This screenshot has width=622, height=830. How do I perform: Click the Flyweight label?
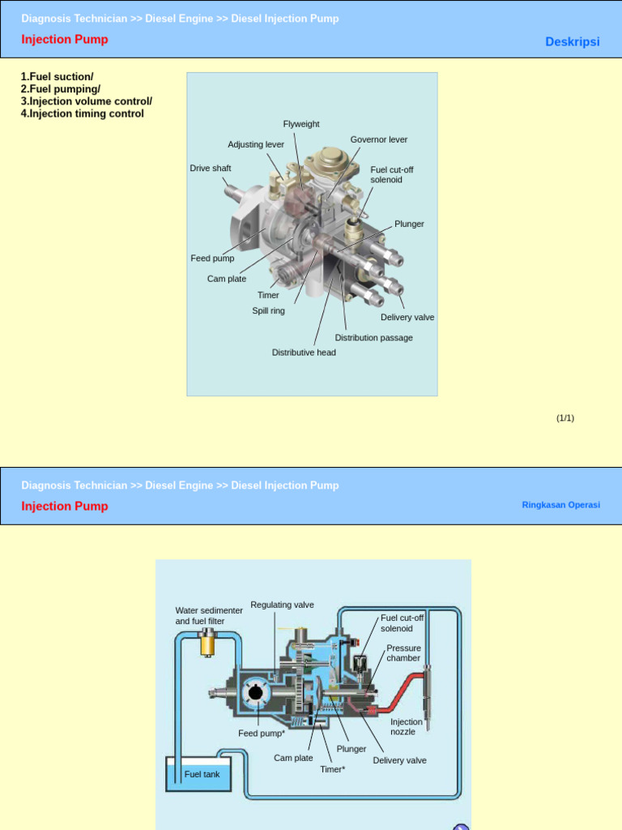[x=301, y=124]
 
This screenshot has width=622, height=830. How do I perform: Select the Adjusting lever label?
[x=256, y=144]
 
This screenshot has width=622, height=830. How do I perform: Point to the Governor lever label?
[x=379, y=139]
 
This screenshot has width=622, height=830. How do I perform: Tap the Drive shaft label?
[x=211, y=168]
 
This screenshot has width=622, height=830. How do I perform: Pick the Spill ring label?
[x=268, y=310]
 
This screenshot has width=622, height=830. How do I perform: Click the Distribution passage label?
[x=373, y=337]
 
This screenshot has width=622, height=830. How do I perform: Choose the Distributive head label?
[x=304, y=353]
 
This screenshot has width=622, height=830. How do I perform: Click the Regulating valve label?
[x=282, y=605]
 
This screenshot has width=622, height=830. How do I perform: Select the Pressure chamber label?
[x=403, y=653]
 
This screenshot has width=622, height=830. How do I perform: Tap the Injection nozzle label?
[x=406, y=726]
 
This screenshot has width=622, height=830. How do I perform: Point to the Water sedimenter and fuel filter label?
[x=208, y=615]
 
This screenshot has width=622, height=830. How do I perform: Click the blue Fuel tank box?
[x=202, y=774]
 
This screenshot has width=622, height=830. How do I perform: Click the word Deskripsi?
[x=573, y=41]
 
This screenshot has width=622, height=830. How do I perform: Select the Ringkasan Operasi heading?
[x=560, y=504]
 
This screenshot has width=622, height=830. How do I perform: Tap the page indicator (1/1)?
[x=564, y=417]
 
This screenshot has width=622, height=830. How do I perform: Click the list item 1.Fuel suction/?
[x=58, y=77]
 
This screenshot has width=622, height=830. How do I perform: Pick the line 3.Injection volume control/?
[x=87, y=101]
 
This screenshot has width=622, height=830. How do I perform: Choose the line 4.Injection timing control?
[x=83, y=113]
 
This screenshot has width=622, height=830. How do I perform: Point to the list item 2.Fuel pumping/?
[x=61, y=89]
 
